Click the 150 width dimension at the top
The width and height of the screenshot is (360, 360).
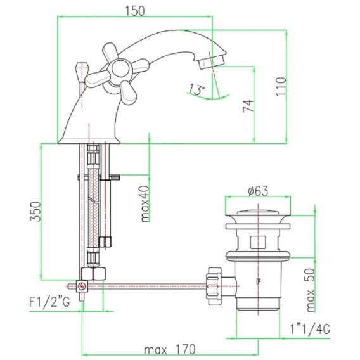[135, 11]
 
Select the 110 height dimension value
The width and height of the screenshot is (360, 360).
[281, 87]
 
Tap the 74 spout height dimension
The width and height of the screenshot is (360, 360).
[248, 106]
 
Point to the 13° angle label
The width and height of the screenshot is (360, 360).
[196, 89]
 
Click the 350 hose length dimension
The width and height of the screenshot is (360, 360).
[36, 211]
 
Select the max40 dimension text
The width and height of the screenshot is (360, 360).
[145, 203]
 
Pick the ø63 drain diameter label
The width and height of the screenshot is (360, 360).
[258, 191]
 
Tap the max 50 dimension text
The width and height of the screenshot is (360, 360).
[311, 290]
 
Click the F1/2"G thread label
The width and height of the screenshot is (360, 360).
[49, 302]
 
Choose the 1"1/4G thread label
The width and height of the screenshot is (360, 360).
[310, 329]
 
